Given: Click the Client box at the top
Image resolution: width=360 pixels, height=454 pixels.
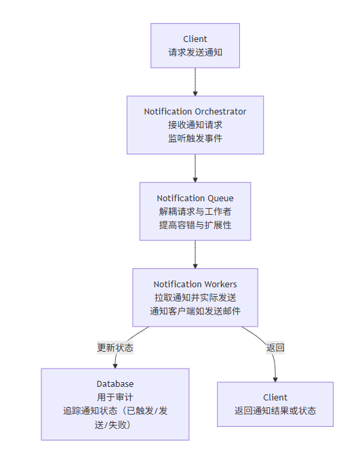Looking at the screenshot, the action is [195, 46].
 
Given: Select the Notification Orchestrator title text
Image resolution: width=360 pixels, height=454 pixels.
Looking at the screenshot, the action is [195, 112].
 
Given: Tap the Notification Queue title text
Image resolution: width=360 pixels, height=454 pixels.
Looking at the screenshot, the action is [195, 199].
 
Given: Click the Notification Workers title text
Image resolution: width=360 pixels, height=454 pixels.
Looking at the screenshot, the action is [195, 285].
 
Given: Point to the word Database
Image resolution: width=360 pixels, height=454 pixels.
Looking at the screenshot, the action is [115, 384].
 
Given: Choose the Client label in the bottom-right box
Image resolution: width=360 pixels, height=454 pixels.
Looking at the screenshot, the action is [275, 398].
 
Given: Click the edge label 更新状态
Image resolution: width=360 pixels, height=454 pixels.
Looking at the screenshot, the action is [115, 348].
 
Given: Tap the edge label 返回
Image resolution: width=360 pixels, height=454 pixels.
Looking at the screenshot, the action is [275, 348].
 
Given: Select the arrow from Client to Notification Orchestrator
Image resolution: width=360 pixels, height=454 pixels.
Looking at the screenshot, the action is [195, 82].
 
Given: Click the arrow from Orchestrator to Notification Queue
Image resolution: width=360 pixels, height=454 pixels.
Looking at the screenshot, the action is [195, 168].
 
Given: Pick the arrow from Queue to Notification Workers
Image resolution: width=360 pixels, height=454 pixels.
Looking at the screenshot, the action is [195, 255].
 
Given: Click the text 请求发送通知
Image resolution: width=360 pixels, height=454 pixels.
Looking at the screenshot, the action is [195, 52].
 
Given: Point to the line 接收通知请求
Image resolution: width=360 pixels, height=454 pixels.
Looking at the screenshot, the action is [195, 125].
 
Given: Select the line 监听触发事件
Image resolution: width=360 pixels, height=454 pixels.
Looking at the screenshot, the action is [195, 138].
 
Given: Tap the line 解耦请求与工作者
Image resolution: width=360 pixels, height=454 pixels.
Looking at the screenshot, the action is [195, 211].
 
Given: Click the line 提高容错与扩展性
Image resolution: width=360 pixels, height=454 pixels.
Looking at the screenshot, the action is [195, 225].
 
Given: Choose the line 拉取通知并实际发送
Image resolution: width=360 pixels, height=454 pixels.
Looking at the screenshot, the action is [195, 297].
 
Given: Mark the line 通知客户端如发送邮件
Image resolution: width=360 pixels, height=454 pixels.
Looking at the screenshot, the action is [195, 311].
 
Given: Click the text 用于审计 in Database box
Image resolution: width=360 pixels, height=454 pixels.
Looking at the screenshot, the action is [115, 397].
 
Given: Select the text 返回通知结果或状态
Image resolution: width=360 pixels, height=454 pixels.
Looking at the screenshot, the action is [275, 411].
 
